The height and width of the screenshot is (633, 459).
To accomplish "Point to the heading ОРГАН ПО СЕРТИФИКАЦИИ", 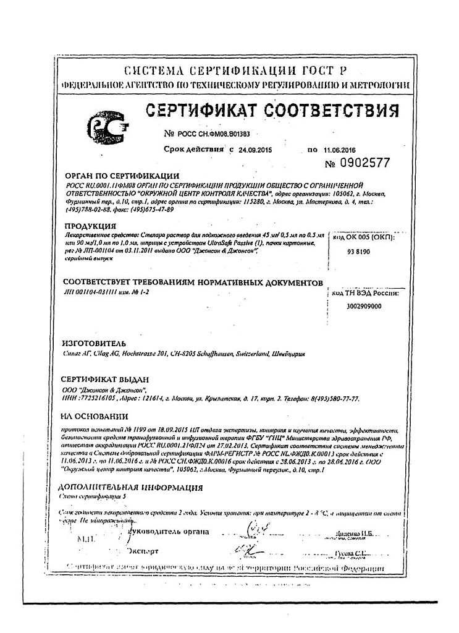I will pos(122,176).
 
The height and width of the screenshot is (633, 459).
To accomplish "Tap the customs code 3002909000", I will pos(364,306).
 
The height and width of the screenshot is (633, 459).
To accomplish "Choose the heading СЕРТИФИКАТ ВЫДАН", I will pos(105,379).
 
